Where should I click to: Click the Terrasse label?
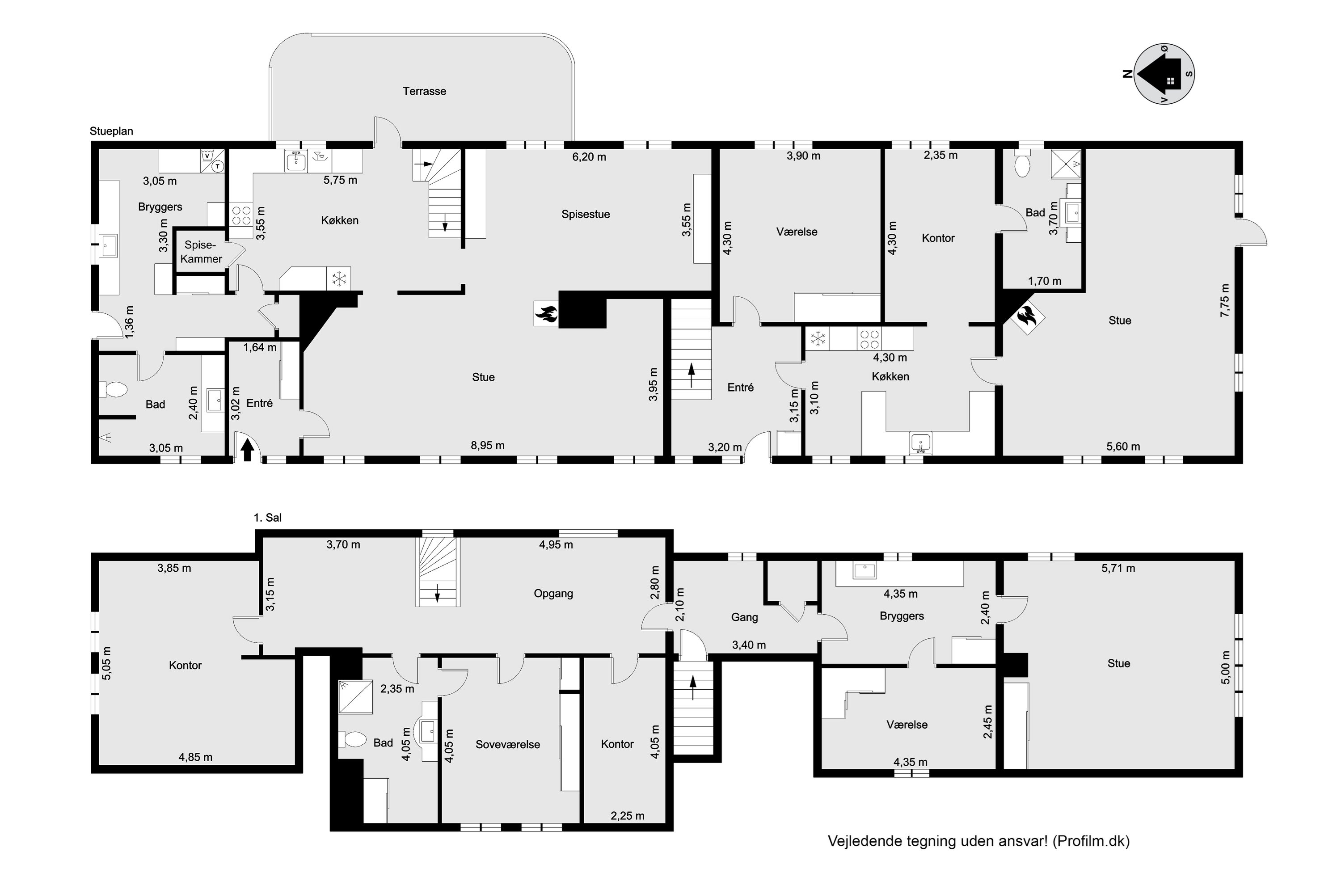[x=424, y=91]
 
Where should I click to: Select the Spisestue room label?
[x=586, y=215]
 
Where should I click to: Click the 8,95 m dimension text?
[x=488, y=445]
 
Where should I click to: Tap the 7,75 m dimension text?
[x=1225, y=300]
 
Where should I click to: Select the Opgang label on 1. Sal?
[x=553, y=594]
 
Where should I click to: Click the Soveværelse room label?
[x=507, y=744]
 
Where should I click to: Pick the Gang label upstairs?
[x=744, y=617]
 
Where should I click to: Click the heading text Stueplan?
[x=111, y=131]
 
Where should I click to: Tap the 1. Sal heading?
[x=267, y=518]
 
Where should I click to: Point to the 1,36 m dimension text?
[x=130, y=323]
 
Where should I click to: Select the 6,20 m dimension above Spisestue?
[x=589, y=157]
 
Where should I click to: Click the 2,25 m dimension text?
[x=627, y=816]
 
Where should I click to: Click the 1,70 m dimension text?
[x=1045, y=281]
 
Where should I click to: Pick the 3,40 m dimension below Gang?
[x=749, y=645]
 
